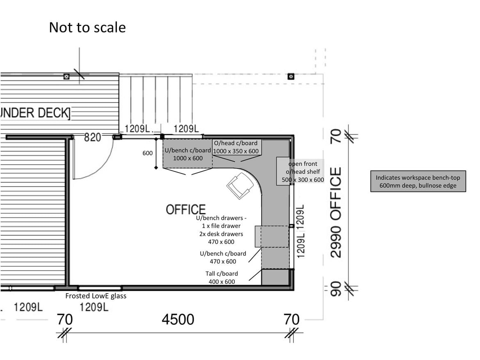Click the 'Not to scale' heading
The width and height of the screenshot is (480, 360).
87,27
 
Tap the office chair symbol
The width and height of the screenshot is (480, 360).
241,185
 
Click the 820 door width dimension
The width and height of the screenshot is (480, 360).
92,137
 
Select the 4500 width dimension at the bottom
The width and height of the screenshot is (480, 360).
178,319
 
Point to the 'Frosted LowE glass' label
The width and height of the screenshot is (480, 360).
96,296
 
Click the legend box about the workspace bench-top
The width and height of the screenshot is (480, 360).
418,182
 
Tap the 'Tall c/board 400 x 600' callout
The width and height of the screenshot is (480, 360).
222,278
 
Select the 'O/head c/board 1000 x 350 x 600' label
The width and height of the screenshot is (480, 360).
236,147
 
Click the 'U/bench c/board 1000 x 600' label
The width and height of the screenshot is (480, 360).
188,154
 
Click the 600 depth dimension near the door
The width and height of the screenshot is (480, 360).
148,153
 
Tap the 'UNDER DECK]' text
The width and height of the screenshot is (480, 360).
35,113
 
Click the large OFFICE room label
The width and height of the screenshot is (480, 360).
185,210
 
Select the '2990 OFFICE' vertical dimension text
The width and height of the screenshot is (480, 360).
336,212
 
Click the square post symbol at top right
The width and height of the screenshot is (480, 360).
291,76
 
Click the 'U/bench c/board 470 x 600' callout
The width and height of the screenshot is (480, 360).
223,257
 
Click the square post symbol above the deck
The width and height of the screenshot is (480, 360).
66,76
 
